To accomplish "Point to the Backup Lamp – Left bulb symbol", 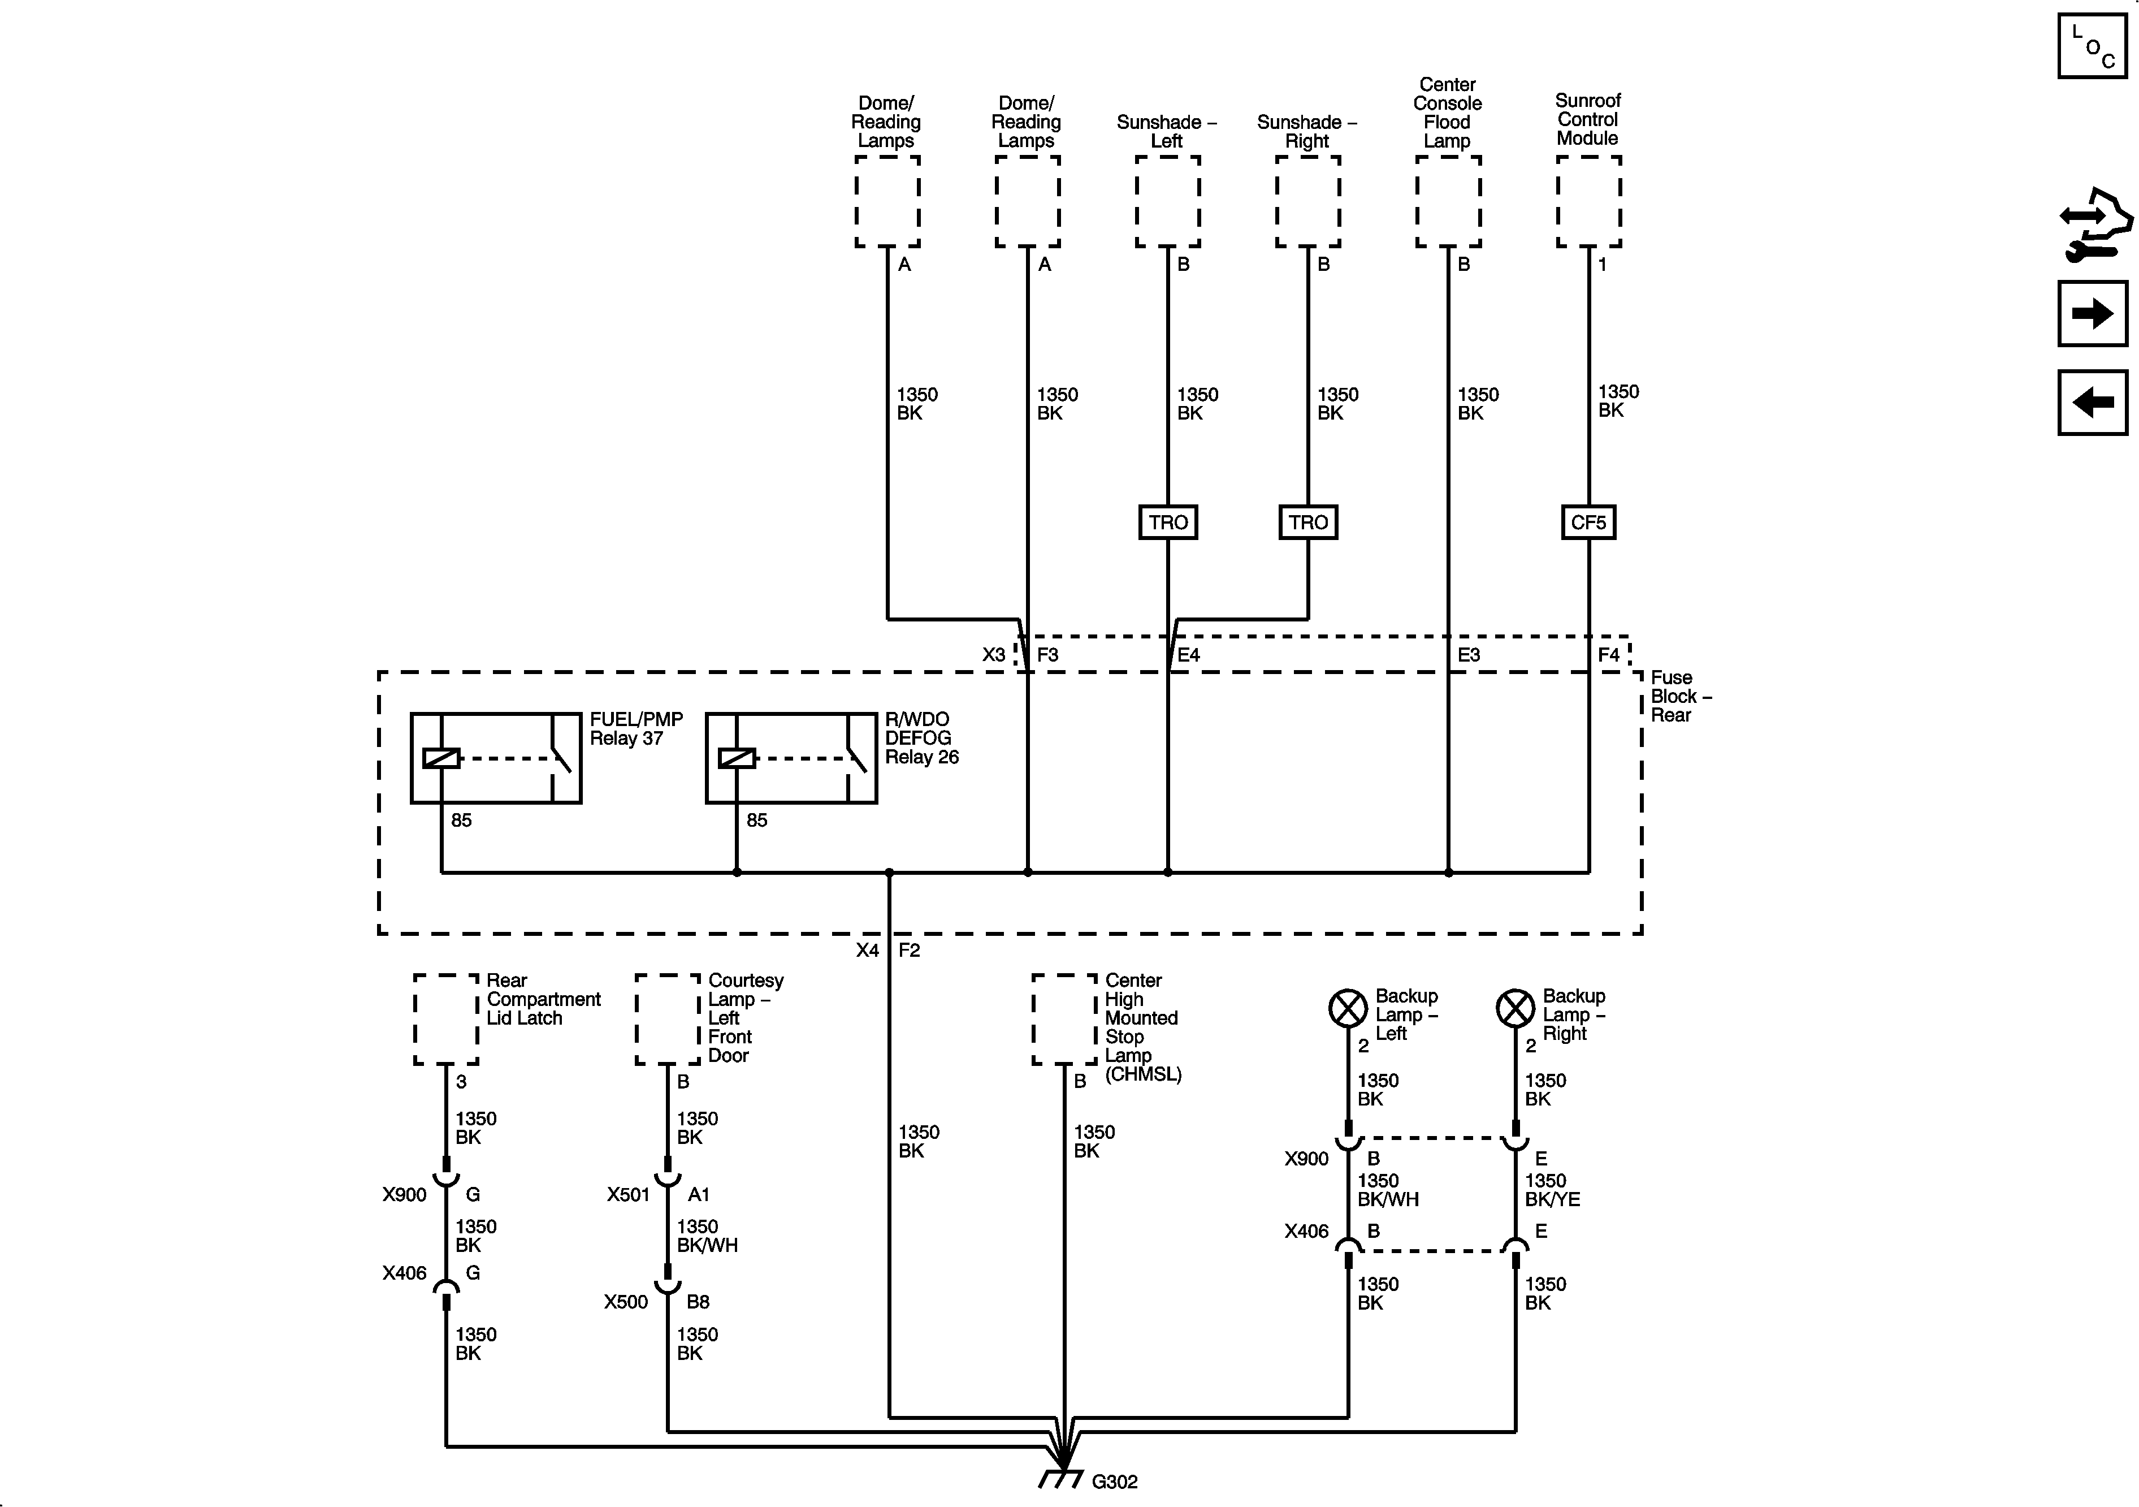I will coord(1347,1008).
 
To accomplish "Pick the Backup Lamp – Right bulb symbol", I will coord(1515,1008).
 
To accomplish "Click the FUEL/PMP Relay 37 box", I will coord(496,758).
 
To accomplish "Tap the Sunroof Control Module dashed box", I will coord(1588,201).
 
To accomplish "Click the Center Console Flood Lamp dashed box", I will coord(1448,201).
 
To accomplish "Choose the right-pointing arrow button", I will coord(2093,313).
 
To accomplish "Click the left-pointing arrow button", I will coord(2093,403).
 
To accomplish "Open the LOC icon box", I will coord(2093,46).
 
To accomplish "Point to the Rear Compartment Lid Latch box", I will coord(446,1018).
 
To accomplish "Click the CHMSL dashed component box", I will coord(1064,1018).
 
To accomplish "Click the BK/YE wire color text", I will coord(1552,1199).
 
